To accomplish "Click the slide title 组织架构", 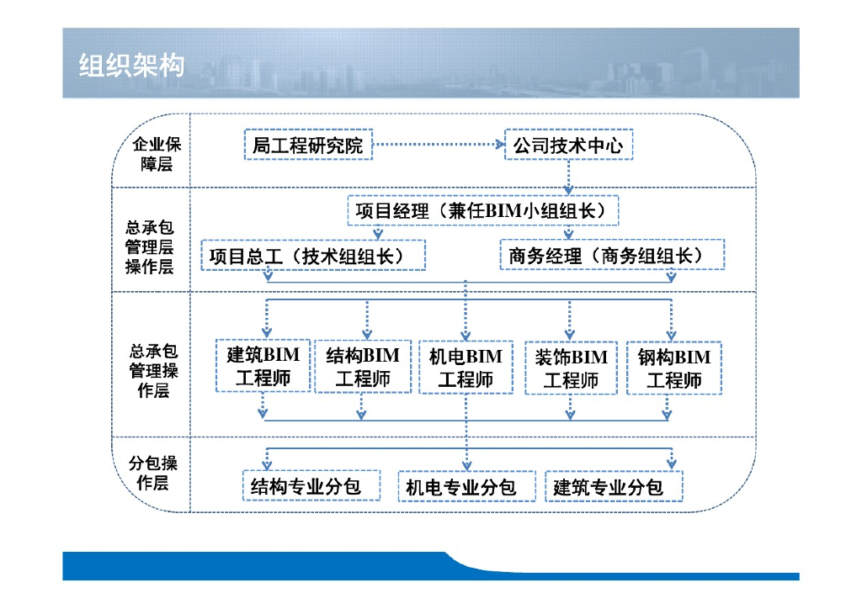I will click(131, 65).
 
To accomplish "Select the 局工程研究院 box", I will click(307, 146).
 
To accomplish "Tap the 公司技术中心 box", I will click(568, 146).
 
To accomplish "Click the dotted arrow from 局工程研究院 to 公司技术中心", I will click(438, 145).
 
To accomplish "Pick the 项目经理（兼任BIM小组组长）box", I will click(482, 210).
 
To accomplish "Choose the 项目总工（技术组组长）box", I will click(313, 255).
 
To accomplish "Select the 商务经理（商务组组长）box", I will click(612, 255).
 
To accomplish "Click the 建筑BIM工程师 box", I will click(263, 366).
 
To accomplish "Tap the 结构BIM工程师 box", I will click(363, 367).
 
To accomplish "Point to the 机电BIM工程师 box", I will click(466, 368).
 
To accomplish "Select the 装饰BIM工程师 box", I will click(571, 368).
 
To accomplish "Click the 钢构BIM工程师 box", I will click(673, 368).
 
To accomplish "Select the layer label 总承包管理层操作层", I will click(150, 246).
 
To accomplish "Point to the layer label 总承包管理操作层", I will click(153, 370).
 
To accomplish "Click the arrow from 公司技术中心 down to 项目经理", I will click(569, 177).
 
